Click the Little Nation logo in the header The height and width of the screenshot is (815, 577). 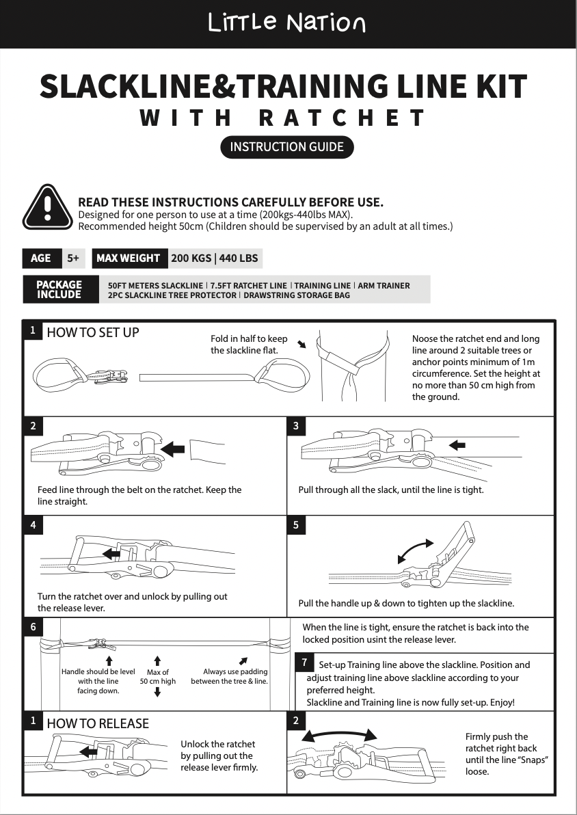(287, 24)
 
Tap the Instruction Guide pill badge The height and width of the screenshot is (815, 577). (287, 147)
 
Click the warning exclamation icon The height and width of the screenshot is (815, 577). (47, 207)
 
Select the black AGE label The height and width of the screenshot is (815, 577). (41, 258)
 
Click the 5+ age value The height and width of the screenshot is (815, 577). (73, 258)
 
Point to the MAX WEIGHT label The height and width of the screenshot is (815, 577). (129, 258)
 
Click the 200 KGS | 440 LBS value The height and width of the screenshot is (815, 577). (214, 258)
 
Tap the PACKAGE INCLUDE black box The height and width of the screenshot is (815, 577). (59, 289)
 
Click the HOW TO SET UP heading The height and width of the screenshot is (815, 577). (92, 333)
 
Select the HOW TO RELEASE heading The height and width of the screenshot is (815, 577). (98, 723)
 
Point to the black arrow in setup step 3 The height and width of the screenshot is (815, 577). (457, 445)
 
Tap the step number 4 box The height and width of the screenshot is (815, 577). (32, 525)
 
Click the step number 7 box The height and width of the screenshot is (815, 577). (304, 663)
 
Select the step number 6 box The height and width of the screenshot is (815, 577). (32, 626)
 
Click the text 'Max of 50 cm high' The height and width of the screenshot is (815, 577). (158, 677)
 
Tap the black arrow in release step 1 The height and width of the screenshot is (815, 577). (88, 752)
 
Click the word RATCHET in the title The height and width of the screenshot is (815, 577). (343, 118)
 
